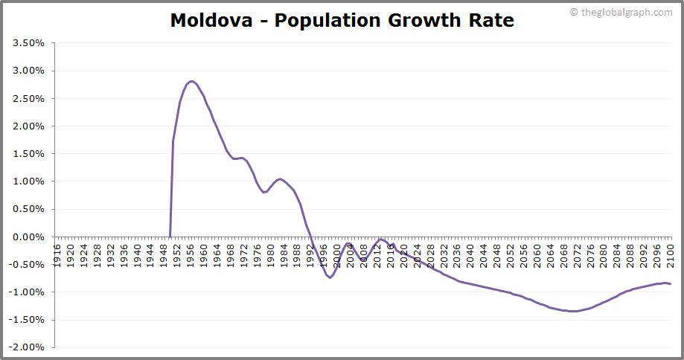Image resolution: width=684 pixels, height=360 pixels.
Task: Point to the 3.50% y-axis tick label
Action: (x=29, y=43)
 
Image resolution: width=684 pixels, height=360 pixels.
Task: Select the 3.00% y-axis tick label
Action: (x=29, y=71)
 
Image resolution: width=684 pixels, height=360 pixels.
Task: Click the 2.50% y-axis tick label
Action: (x=29, y=98)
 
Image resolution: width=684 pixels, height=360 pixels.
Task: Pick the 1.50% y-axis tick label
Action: (x=29, y=154)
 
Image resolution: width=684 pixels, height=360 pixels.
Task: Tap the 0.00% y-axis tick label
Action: (x=29, y=237)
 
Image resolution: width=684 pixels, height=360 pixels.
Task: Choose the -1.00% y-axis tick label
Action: (x=28, y=292)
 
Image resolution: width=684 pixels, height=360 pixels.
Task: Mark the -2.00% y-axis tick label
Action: (x=28, y=347)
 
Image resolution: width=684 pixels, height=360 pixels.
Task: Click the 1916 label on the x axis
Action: (x=57, y=251)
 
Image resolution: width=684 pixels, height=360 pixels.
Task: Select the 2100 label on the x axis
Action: (x=670, y=251)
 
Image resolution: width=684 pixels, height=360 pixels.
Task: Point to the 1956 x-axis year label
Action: (x=191, y=251)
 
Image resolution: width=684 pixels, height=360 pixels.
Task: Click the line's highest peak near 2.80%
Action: (x=191, y=81)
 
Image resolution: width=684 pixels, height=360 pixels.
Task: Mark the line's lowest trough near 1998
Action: (x=330, y=277)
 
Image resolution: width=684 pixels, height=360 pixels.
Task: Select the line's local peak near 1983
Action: (x=280, y=179)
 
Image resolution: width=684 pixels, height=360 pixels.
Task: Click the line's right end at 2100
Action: (x=670, y=284)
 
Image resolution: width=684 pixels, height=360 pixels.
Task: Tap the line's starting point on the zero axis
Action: (x=170, y=237)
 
